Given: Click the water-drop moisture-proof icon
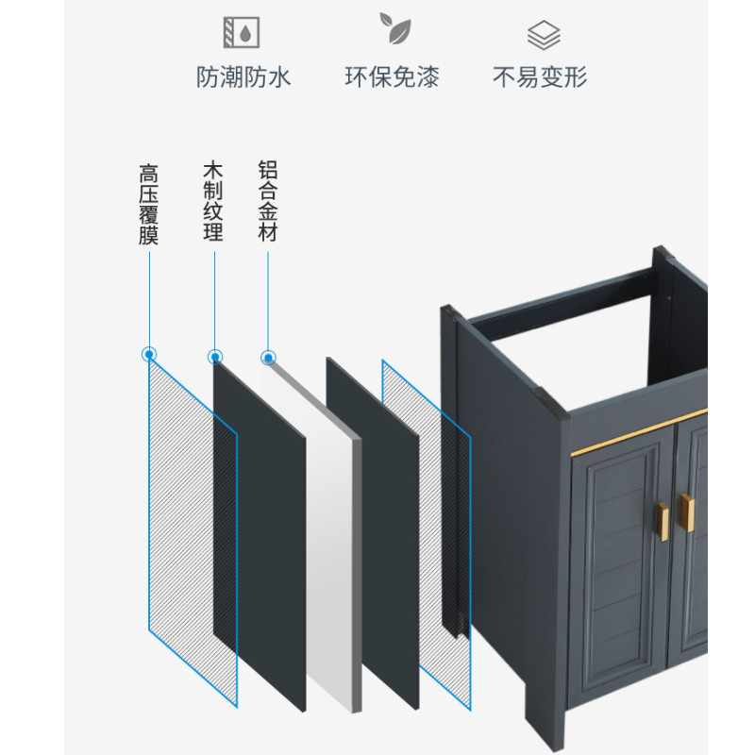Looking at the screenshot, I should click(x=243, y=34).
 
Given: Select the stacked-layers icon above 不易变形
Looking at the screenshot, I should click(x=544, y=36).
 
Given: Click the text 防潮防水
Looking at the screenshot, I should click(x=243, y=77).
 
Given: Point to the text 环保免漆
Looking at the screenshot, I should click(x=392, y=77).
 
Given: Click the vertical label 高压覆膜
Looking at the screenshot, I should click(x=148, y=206).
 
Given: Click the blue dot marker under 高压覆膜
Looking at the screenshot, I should click(x=148, y=355).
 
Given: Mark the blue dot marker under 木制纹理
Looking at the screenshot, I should click(x=214, y=357).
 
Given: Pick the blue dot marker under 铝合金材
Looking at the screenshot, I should click(x=268, y=358).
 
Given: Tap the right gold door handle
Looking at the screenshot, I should click(x=688, y=513).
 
